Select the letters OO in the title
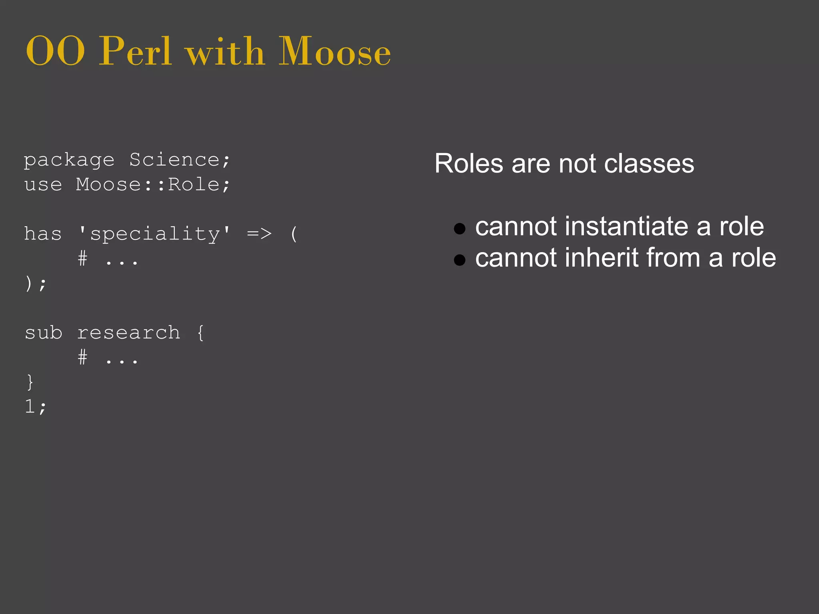[x=55, y=52]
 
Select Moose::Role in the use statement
[x=148, y=185]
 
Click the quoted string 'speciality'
[x=155, y=234]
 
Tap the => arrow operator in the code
[x=259, y=233]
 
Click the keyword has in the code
[x=43, y=234]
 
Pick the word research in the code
[x=128, y=333]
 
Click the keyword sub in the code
[x=43, y=333]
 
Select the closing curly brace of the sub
[x=30, y=382]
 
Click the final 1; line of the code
[x=35, y=407]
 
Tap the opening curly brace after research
[x=200, y=333]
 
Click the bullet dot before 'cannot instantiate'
[x=460, y=228]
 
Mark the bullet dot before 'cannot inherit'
[x=460, y=260]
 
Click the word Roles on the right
[x=469, y=164]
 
